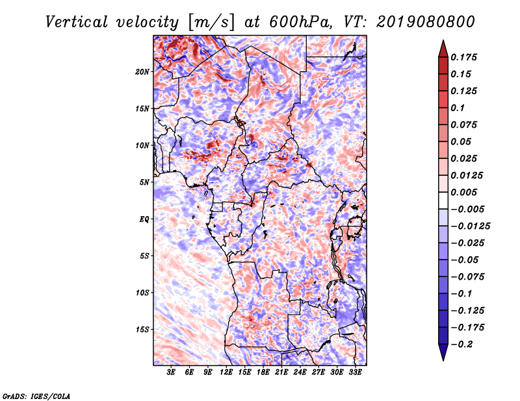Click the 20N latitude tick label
tap(142, 72)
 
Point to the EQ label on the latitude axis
tap(144, 219)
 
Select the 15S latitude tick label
tap(142, 330)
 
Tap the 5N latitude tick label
tap(144, 182)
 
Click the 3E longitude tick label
tap(171, 372)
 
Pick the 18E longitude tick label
tap(263, 372)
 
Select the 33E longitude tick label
tap(355, 372)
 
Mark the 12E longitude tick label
tap(226, 372)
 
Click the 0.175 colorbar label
tap(463, 57)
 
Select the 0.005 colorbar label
tap(463, 192)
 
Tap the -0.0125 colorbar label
tap(470, 226)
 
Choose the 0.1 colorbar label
tap(458, 108)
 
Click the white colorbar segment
tap(443, 200)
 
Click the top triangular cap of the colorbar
tap(443, 49)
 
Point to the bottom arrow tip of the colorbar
tap(443, 361)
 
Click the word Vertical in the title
tap(76, 22)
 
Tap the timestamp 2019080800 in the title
tap(426, 22)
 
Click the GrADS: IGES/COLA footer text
tap(36, 396)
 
